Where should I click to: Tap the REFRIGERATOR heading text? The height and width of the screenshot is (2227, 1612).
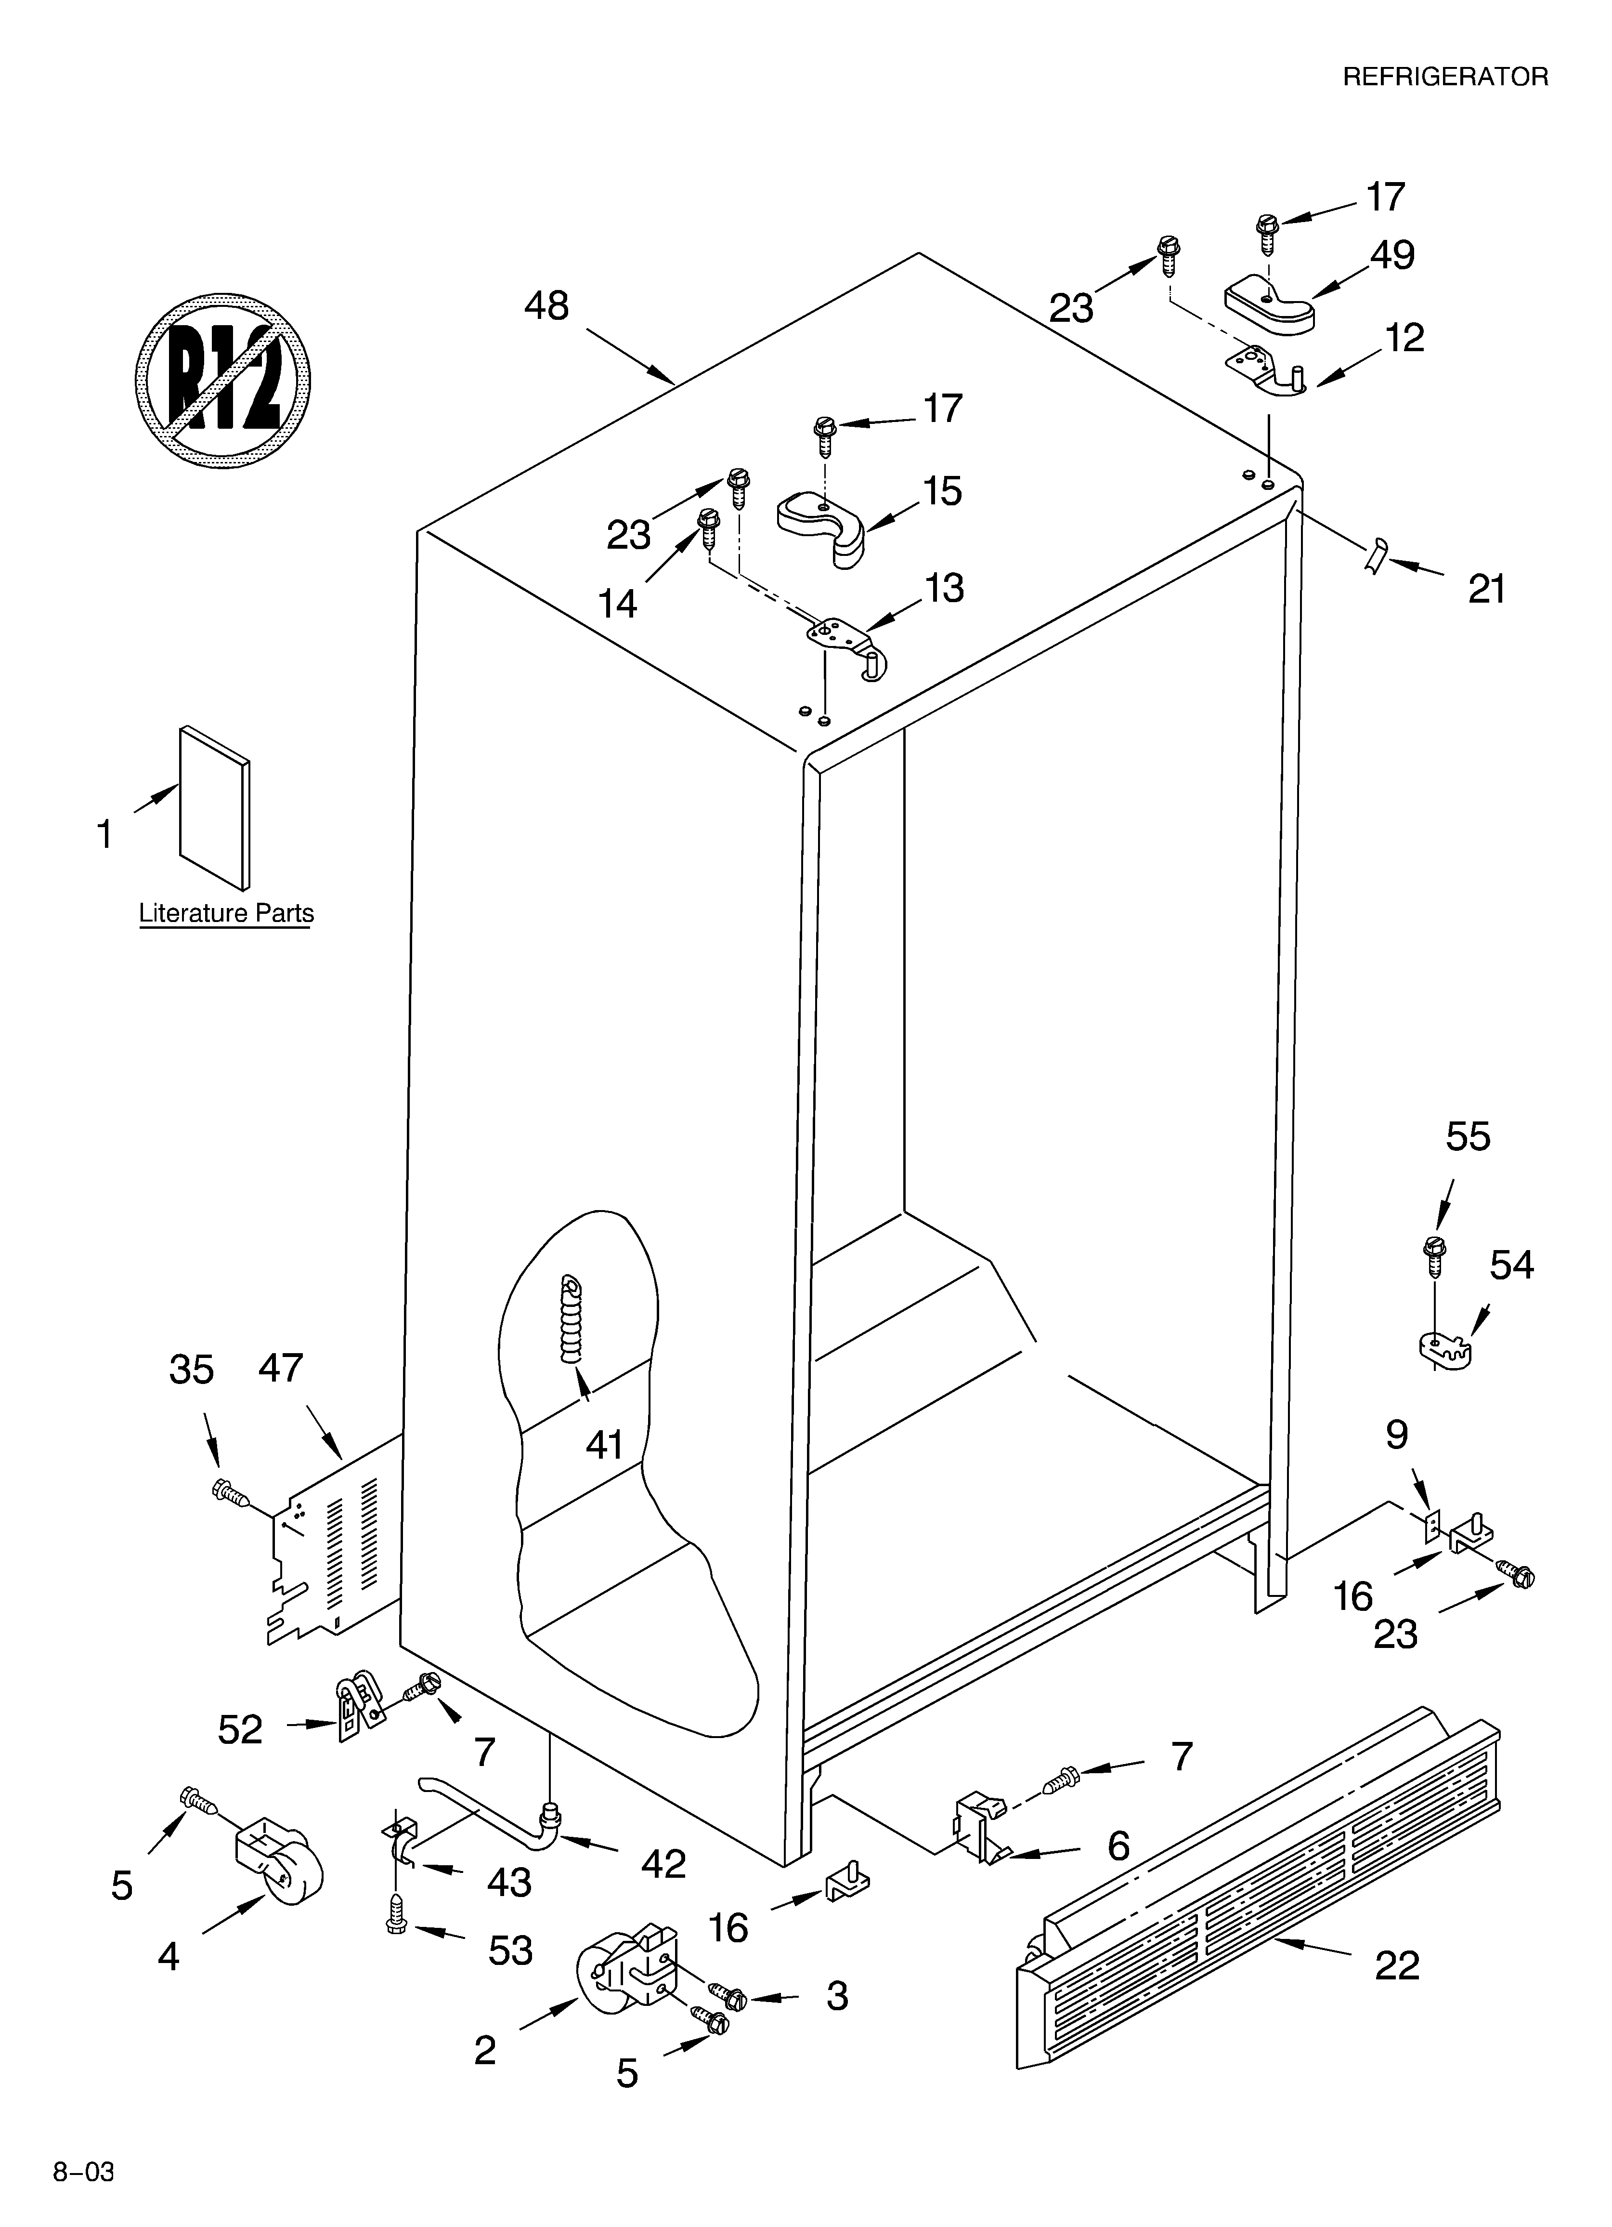1445,77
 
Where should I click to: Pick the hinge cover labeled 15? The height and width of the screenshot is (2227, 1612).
824,526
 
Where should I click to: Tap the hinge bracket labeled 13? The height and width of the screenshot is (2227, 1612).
845,640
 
